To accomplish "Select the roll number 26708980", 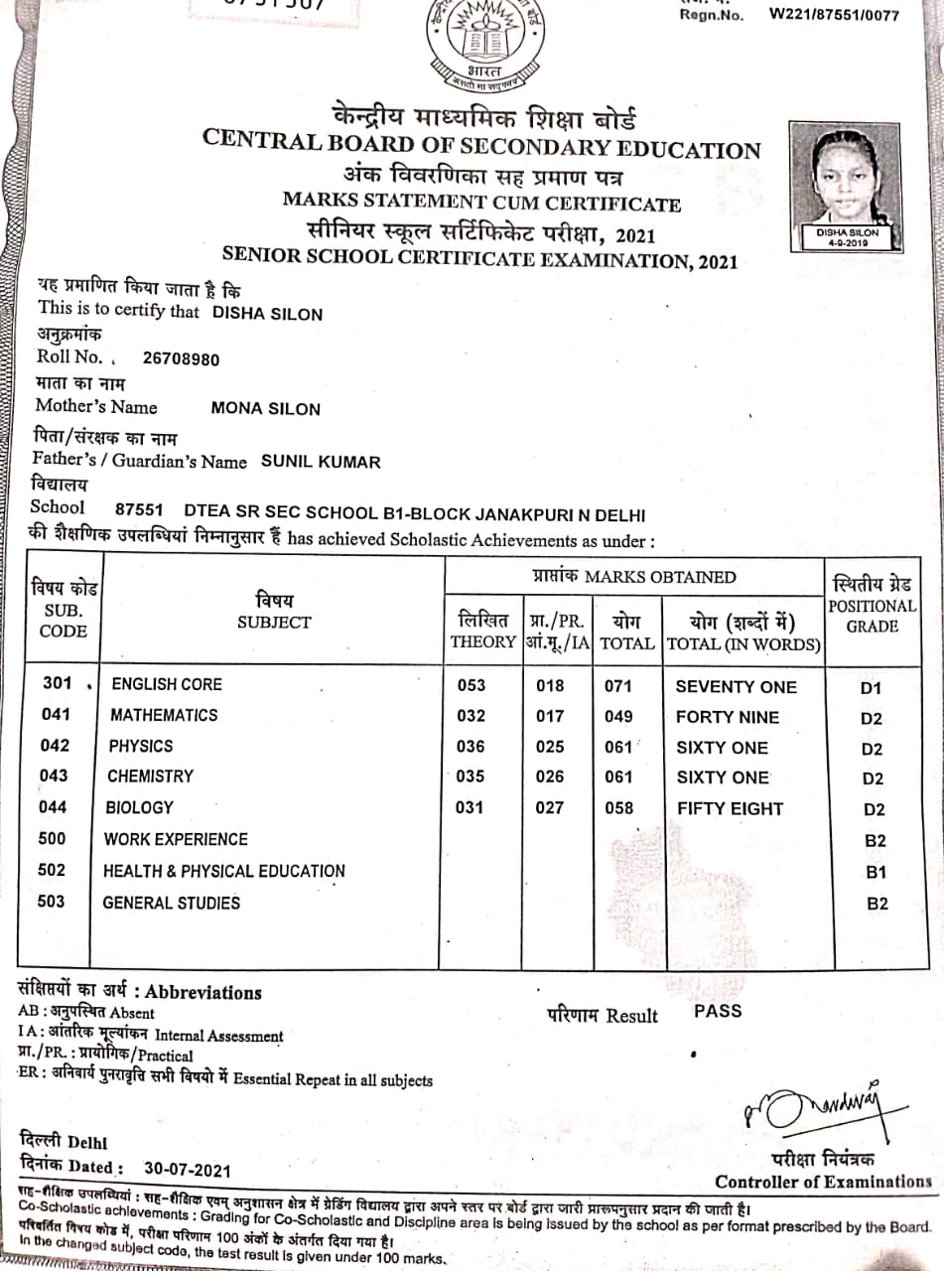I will point(182,359).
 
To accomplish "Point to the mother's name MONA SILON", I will point(266,408).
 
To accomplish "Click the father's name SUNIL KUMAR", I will point(321,462).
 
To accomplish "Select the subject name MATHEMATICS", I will point(164,715).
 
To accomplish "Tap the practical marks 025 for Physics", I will point(549,747).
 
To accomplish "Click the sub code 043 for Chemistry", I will point(54,776).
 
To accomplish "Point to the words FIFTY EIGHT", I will point(730,808).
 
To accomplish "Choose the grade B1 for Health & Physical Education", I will point(876,873).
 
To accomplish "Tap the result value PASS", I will point(718,1012).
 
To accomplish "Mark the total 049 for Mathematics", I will point(618,716).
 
